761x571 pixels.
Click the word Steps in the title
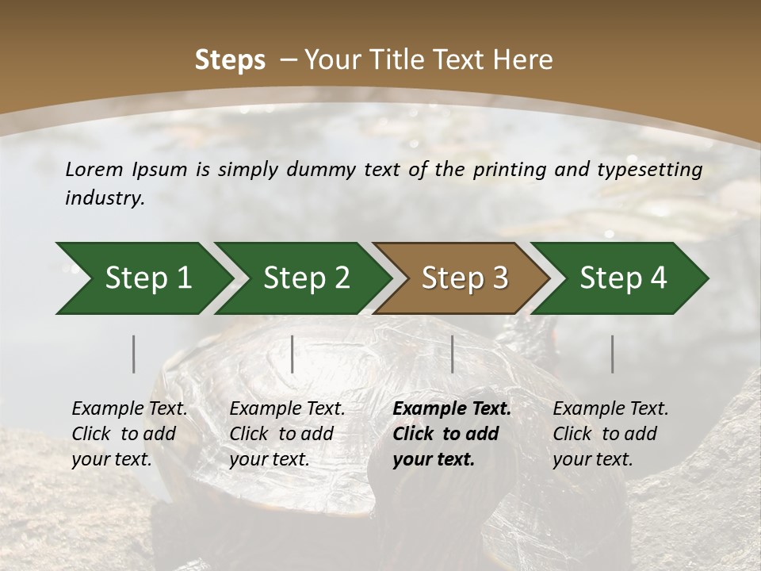click(230, 60)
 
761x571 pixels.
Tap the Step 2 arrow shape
click(306, 278)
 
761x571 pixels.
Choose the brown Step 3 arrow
click(465, 278)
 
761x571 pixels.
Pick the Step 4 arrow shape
click(623, 278)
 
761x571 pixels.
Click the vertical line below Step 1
click(134, 354)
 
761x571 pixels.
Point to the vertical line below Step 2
click(293, 354)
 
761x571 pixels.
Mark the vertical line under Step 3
click(452, 354)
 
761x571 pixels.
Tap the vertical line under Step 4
click(612, 354)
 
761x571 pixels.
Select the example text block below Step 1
click(129, 434)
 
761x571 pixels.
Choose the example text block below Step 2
click(287, 434)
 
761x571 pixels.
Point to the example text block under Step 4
click(610, 434)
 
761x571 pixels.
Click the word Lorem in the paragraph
click(94, 170)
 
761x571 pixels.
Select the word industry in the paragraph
click(104, 198)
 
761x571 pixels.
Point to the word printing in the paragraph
click(508, 170)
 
